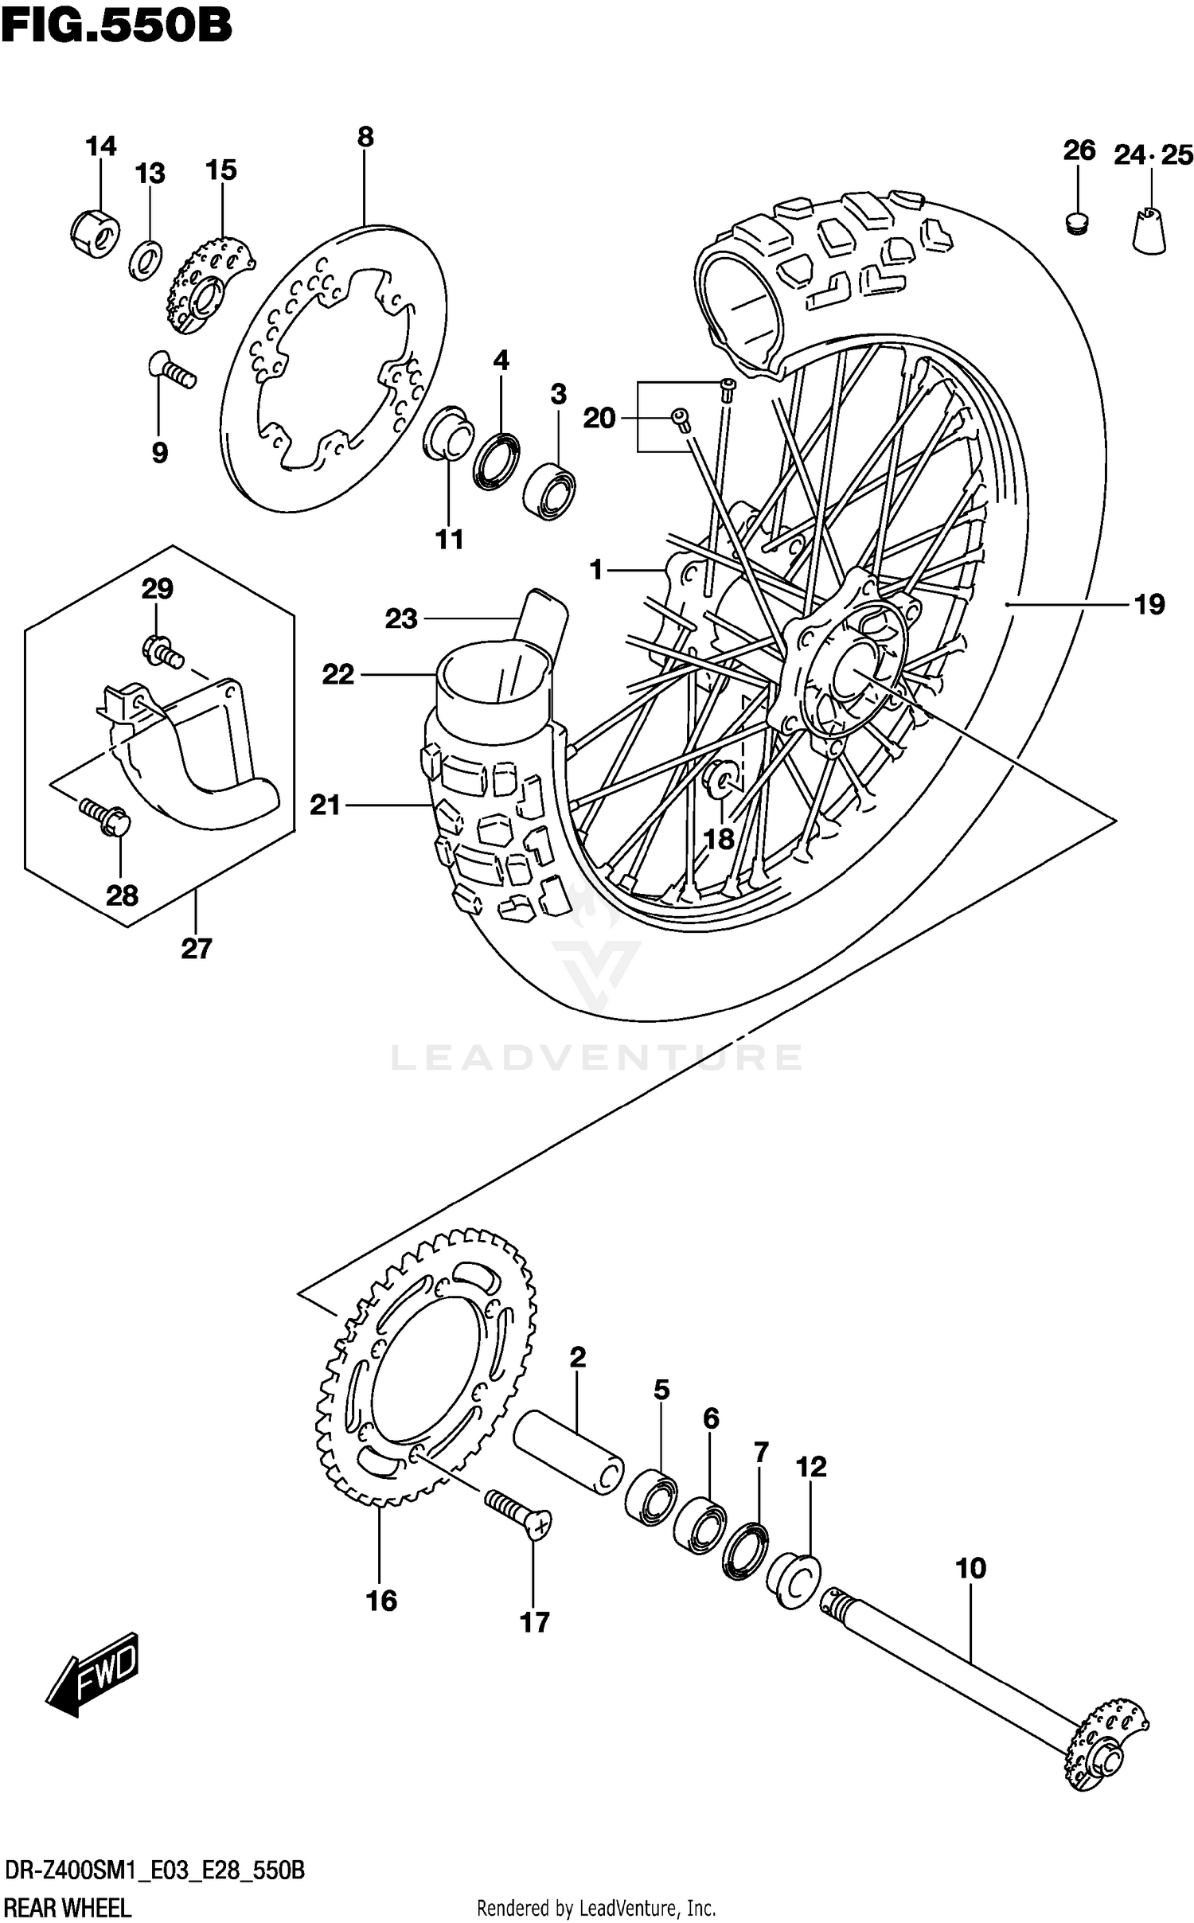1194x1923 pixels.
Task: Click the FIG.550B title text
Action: tap(116, 25)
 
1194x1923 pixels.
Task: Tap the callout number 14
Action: tap(101, 146)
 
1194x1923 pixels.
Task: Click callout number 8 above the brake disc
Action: tap(365, 137)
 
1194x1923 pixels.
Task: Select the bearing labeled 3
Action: tap(550, 487)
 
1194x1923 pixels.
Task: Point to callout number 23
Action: tap(401, 618)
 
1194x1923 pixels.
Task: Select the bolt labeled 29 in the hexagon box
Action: tap(162, 653)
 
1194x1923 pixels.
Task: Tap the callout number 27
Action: tap(197, 949)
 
